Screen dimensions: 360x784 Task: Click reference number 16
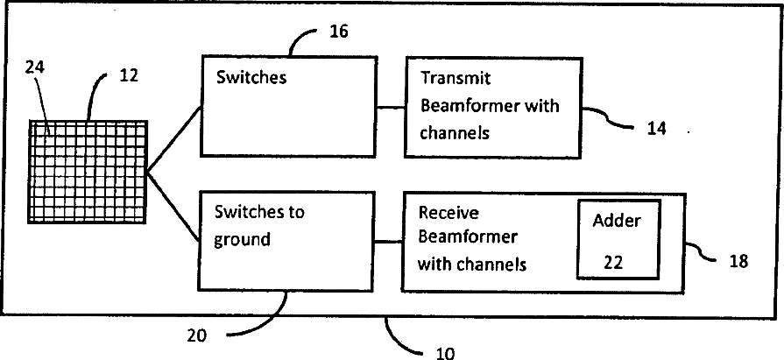(338, 32)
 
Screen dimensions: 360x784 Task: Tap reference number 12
(128, 76)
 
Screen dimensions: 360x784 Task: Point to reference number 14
(657, 128)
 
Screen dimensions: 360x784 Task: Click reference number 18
(738, 260)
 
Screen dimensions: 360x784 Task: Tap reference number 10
(445, 353)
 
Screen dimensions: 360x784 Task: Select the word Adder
(617, 221)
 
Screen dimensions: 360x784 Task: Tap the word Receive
(447, 213)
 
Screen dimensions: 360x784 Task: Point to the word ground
(242, 239)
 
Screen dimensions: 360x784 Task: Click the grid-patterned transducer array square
(88, 172)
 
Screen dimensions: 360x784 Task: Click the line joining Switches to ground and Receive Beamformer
(388, 241)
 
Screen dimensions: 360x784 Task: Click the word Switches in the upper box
(251, 76)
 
